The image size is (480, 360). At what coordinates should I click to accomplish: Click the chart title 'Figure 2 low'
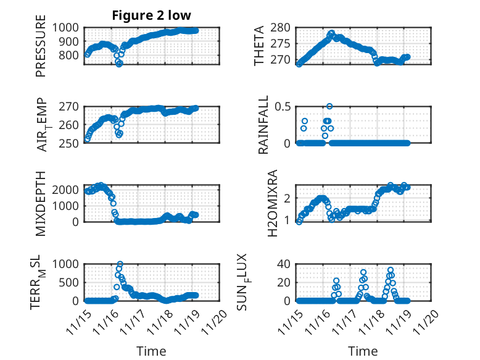[151, 15]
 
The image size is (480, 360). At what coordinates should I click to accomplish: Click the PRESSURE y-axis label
[41, 50]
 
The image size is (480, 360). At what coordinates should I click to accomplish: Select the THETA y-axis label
[260, 46]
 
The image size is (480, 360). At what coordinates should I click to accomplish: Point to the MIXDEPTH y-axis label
[41, 203]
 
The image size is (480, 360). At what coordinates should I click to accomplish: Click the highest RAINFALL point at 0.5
[329, 106]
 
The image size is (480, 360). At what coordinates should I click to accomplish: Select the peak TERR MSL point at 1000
[120, 264]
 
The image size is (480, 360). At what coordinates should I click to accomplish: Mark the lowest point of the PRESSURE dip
[119, 64]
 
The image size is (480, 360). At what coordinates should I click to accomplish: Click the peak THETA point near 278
[332, 33]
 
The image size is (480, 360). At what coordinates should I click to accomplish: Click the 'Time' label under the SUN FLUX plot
[363, 351]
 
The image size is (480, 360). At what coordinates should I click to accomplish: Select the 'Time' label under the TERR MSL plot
[151, 351]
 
